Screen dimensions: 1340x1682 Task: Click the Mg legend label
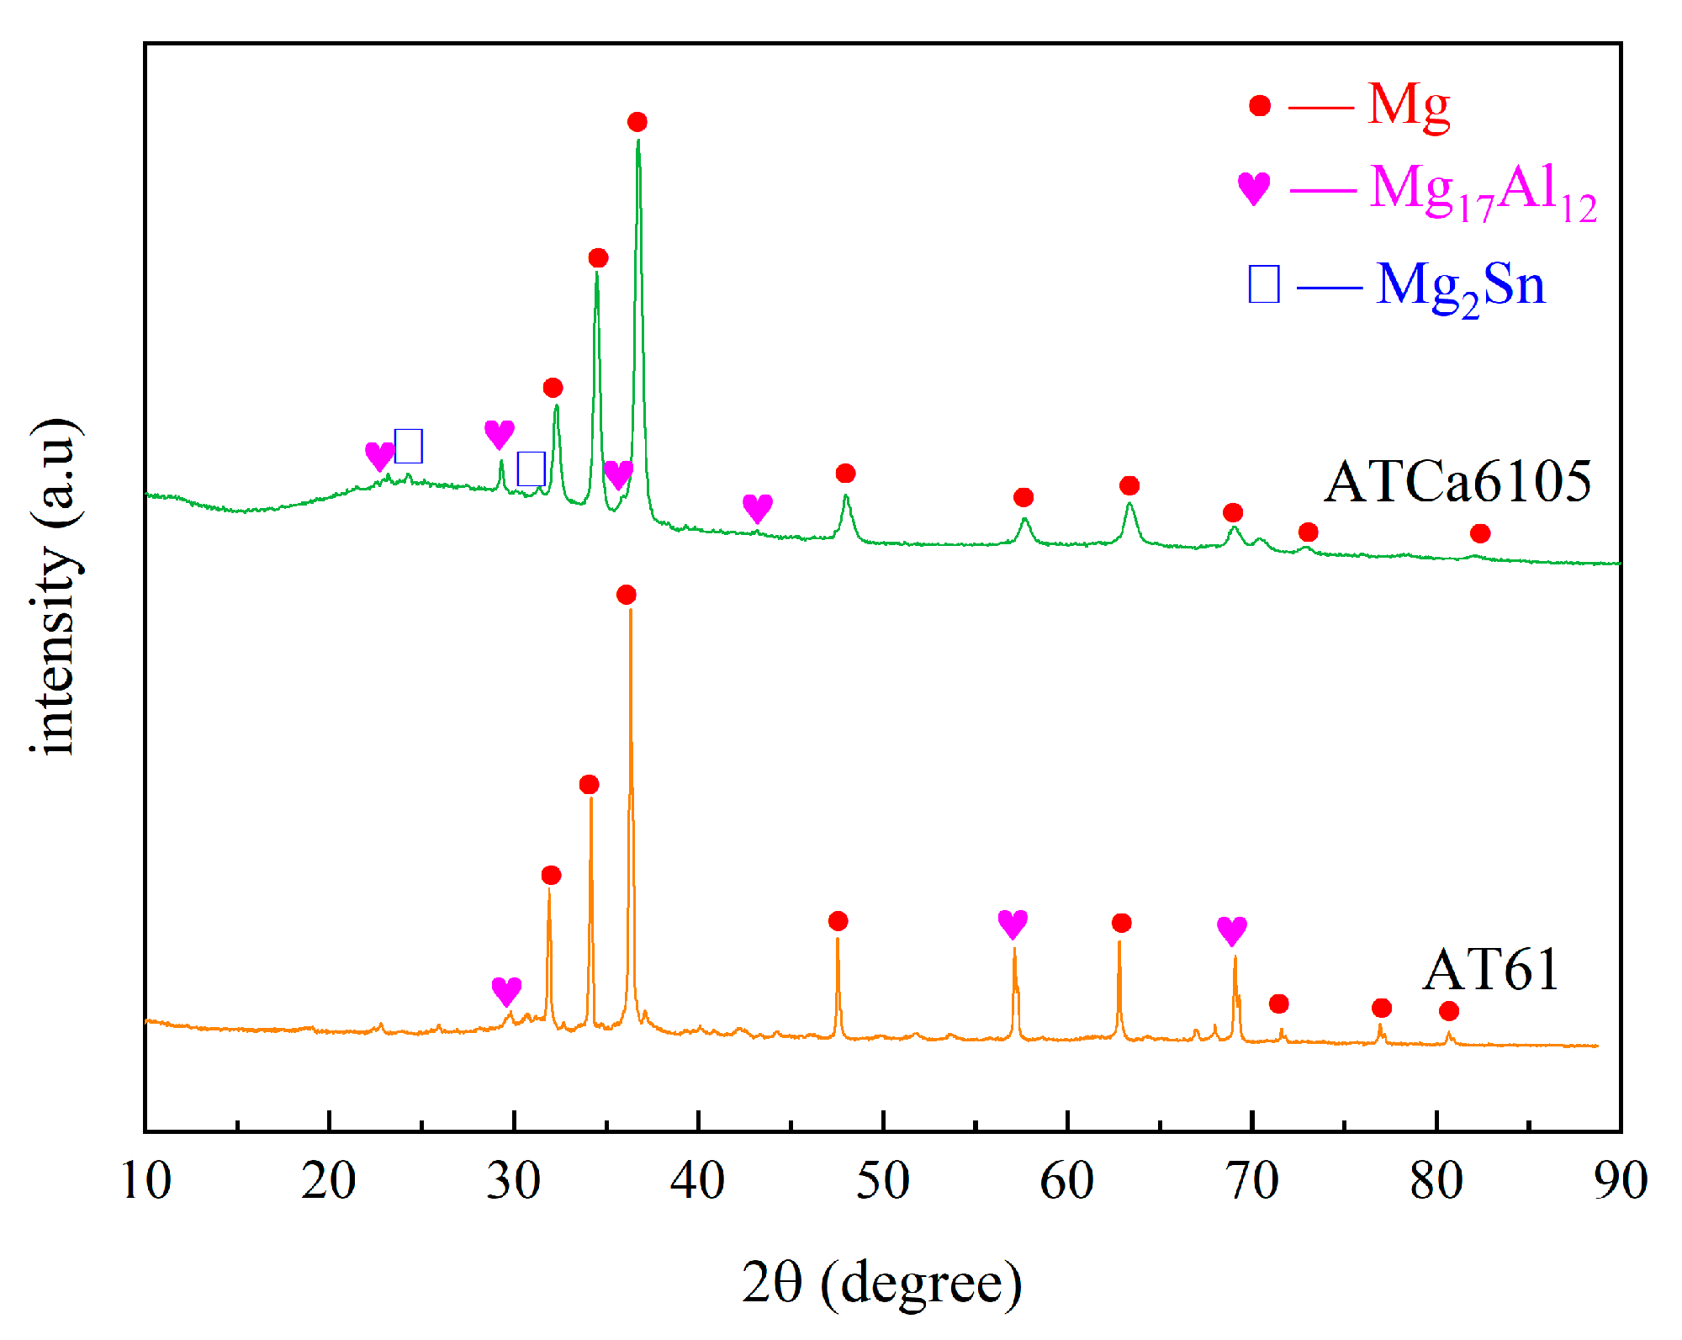[x=1409, y=107]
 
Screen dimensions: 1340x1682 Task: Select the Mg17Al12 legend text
[x=1483, y=191]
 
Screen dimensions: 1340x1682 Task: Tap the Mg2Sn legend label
[x=1460, y=286]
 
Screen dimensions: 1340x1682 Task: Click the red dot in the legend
[x=1259, y=105]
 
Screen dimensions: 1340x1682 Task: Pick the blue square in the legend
[x=1264, y=283]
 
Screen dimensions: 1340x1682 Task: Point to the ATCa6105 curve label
[x=1457, y=482]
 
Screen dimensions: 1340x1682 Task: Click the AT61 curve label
[x=1491, y=970]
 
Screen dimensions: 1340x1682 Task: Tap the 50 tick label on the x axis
[x=882, y=1180]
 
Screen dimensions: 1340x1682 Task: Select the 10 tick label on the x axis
[x=146, y=1180]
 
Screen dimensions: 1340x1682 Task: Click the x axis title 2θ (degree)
[x=882, y=1283]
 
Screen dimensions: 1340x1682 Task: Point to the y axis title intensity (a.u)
[x=56, y=586]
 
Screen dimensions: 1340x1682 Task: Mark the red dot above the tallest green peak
[x=637, y=123]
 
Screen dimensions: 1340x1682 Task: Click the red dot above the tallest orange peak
[x=626, y=596]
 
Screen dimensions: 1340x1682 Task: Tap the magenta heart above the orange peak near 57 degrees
[x=1013, y=924]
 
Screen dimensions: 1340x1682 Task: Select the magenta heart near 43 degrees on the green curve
[x=758, y=508]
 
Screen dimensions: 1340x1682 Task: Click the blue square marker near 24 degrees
[x=409, y=446]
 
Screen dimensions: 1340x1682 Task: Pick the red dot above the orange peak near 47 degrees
[x=838, y=921]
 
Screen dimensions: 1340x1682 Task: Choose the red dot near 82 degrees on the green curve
[x=1480, y=533]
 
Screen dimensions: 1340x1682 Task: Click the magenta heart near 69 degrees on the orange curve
[x=1232, y=931]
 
